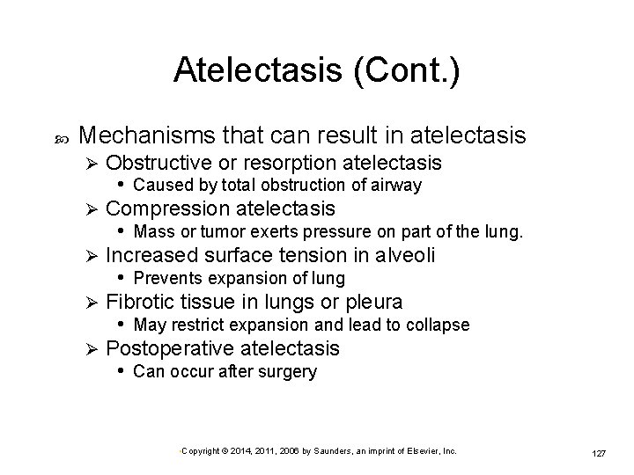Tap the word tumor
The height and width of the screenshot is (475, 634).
coord(225,231)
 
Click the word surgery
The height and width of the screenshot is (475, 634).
coord(286,371)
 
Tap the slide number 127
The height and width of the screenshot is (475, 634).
coord(598,452)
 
